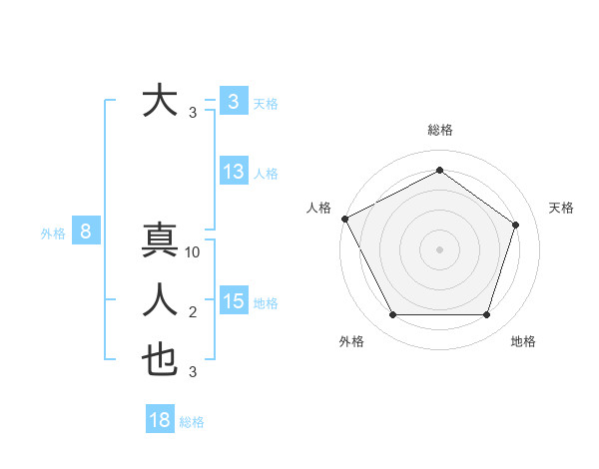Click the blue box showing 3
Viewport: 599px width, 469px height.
point(233,102)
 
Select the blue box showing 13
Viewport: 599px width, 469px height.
point(234,172)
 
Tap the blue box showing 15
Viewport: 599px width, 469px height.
point(234,301)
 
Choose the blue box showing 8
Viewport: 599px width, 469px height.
point(86,233)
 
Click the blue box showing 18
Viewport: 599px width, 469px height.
point(160,420)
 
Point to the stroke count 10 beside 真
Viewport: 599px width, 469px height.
point(194,252)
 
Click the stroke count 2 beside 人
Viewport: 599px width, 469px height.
point(193,313)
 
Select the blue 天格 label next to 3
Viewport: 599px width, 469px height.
point(266,104)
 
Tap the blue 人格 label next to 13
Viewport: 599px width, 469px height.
point(266,174)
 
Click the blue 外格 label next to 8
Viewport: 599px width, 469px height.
point(53,234)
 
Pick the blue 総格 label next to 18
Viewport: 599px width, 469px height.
point(192,422)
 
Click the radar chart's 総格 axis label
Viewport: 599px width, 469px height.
point(440,130)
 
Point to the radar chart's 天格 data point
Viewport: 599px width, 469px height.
point(515,225)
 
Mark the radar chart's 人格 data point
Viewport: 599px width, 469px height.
point(344,218)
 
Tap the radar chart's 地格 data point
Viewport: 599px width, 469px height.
point(486,315)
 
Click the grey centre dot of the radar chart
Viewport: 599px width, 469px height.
point(440,248)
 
